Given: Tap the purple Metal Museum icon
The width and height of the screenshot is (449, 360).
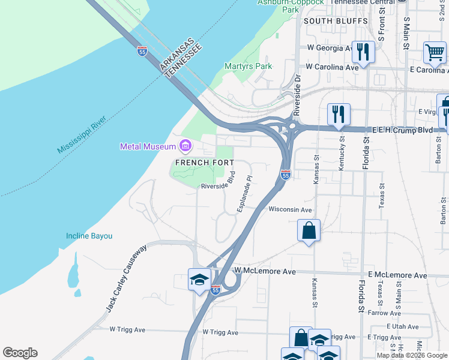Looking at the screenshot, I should tap(185, 146).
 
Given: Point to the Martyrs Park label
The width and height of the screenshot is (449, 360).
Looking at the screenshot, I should tap(247, 66).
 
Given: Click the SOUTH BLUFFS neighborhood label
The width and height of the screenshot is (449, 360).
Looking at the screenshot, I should tap(335, 21).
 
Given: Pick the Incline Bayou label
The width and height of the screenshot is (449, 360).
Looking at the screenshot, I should tap(89, 236).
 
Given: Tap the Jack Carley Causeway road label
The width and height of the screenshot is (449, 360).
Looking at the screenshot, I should tap(127, 278).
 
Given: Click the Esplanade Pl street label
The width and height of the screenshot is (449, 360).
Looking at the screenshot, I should tap(246, 194).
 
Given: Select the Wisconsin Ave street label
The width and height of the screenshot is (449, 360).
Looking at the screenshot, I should tap(290, 209).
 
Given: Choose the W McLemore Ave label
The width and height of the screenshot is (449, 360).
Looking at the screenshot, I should tap(265, 271).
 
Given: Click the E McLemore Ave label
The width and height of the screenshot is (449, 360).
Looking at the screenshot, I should tap(397, 275).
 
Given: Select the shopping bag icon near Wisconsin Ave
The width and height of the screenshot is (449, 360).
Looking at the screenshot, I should tap(309, 230).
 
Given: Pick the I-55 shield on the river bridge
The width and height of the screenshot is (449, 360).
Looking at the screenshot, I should tap(142, 52).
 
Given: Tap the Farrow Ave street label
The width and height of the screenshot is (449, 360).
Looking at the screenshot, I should tap(379, 313).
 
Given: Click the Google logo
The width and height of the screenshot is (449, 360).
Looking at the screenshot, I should tap(20, 353).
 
